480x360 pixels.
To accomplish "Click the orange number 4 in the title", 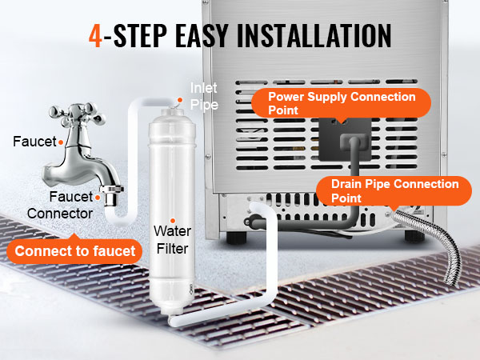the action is tap(95, 36).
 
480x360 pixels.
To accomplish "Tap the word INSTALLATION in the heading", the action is tap(314, 35).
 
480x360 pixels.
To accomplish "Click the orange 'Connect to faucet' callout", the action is tap(74, 251).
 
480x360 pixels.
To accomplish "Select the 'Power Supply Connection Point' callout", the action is tap(342, 103).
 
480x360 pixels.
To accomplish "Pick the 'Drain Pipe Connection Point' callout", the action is tap(394, 191).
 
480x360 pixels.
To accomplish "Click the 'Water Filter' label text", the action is tap(172, 240).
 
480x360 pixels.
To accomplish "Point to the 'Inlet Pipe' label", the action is tap(204, 96).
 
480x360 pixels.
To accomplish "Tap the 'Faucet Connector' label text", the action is tap(60, 205).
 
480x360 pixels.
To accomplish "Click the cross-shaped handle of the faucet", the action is tap(78, 114).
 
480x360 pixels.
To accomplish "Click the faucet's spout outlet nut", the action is tap(111, 195).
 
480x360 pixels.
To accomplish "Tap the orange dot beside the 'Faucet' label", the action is tap(61, 142).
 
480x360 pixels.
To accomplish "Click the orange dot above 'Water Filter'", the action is tap(173, 221).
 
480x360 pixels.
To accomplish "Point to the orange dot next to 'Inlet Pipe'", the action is tap(180, 100).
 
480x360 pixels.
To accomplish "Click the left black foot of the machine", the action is tap(236, 238).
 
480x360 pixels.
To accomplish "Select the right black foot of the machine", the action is tap(414, 236).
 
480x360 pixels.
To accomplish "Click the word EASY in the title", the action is tap(202, 35).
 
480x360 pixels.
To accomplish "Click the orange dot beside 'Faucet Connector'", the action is tap(98, 198).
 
